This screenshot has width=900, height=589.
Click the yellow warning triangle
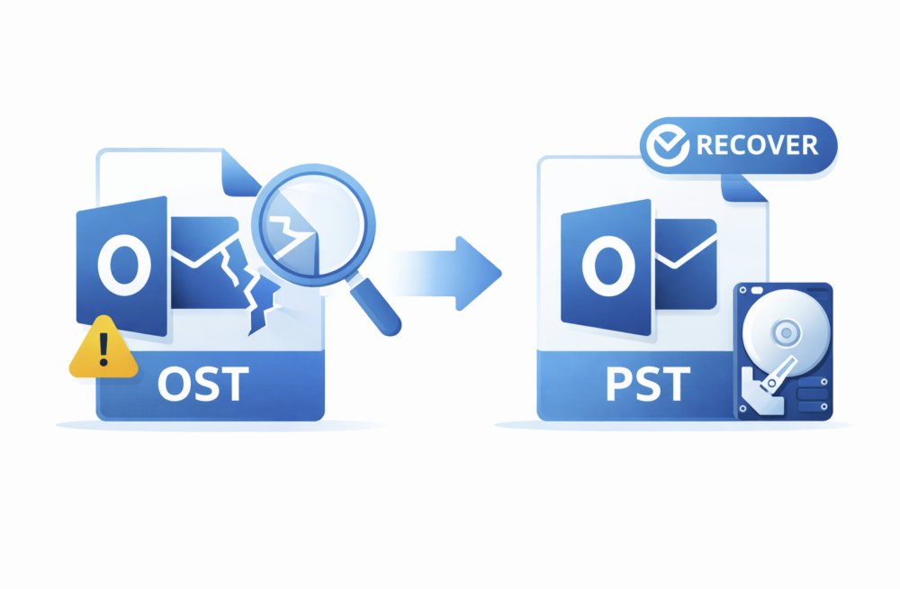[103, 349]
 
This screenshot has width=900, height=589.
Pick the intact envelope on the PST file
[686, 257]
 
